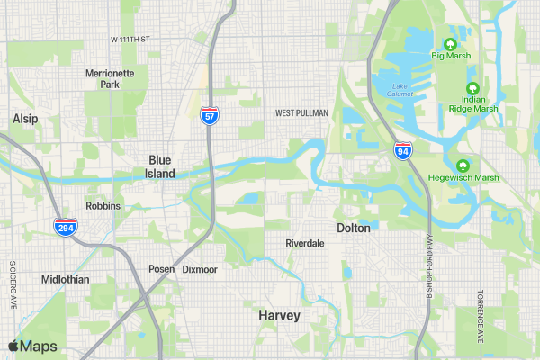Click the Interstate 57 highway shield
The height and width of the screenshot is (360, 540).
tap(208, 116)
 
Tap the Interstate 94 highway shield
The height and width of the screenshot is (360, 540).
tap(402, 150)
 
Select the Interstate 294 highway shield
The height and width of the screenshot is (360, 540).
tap(65, 228)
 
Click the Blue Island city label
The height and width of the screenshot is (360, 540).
tap(160, 166)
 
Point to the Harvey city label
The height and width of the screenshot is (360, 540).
tap(279, 316)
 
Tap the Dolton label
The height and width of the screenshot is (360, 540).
tap(353, 229)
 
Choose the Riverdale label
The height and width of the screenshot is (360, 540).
tap(304, 244)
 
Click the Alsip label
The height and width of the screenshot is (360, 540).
tap(24, 119)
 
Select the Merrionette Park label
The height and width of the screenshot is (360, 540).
tap(110, 78)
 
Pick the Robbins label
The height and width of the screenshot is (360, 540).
tap(103, 206)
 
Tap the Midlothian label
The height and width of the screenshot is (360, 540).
tap(65, 280)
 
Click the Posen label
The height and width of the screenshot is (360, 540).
tap(161, 269)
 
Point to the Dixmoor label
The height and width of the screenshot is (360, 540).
tap(200, 269)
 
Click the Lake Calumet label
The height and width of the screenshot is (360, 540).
tap(400, 89)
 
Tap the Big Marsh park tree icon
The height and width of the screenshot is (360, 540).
tap(451, 43)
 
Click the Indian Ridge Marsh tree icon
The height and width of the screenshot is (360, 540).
tap(473, 89)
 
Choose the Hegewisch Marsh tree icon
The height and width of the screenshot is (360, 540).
tap(463, 166)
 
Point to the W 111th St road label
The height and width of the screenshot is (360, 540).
tap(130, 40)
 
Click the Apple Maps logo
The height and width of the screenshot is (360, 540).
tap(32, 346)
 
